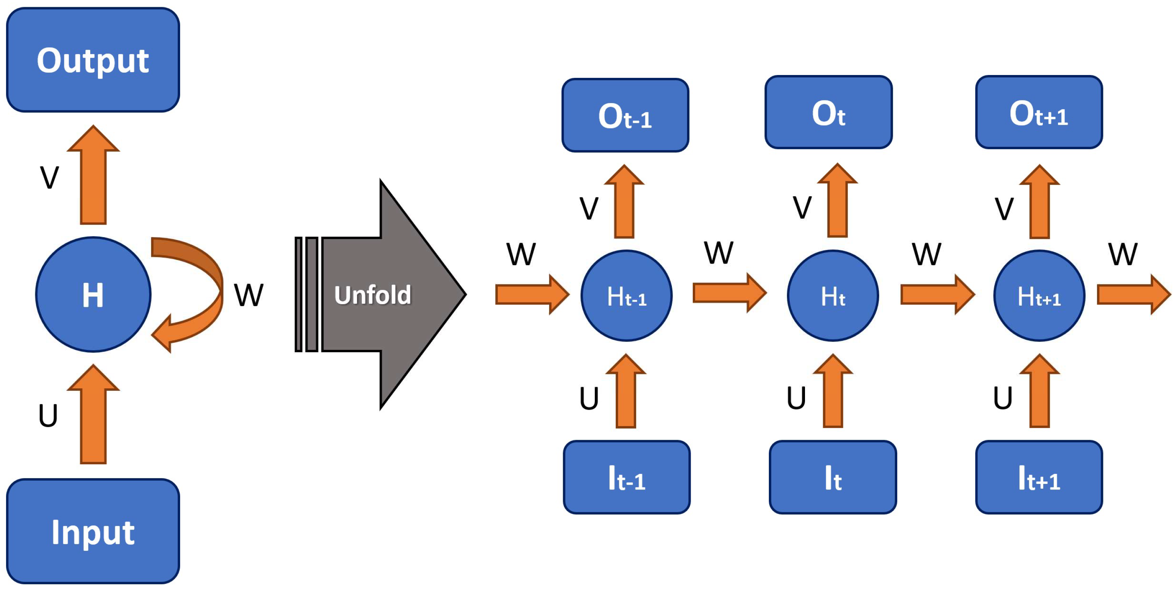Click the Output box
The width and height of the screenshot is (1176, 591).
(x=93, y=60)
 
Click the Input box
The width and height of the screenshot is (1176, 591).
(x=93, y=531)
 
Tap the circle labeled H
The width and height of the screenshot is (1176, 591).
(x=93, y=294)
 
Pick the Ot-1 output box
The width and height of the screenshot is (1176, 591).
(x=625, y=115)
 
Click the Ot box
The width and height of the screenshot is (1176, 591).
(x=828, y=112)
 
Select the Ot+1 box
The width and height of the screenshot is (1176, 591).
(x=1038, y=112)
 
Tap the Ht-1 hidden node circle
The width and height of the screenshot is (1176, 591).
(x=627, y=296)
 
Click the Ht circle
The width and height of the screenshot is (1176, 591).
(x=833, y=296)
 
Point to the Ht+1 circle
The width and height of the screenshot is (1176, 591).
(x=1039, y=296)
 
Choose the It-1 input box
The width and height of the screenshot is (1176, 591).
(x=627, y=477)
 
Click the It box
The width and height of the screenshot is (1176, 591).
(x=833, y=477)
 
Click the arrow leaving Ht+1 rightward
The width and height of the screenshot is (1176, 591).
(x=1132, y=294)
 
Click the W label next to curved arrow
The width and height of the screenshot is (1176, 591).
(x=248, y=295)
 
